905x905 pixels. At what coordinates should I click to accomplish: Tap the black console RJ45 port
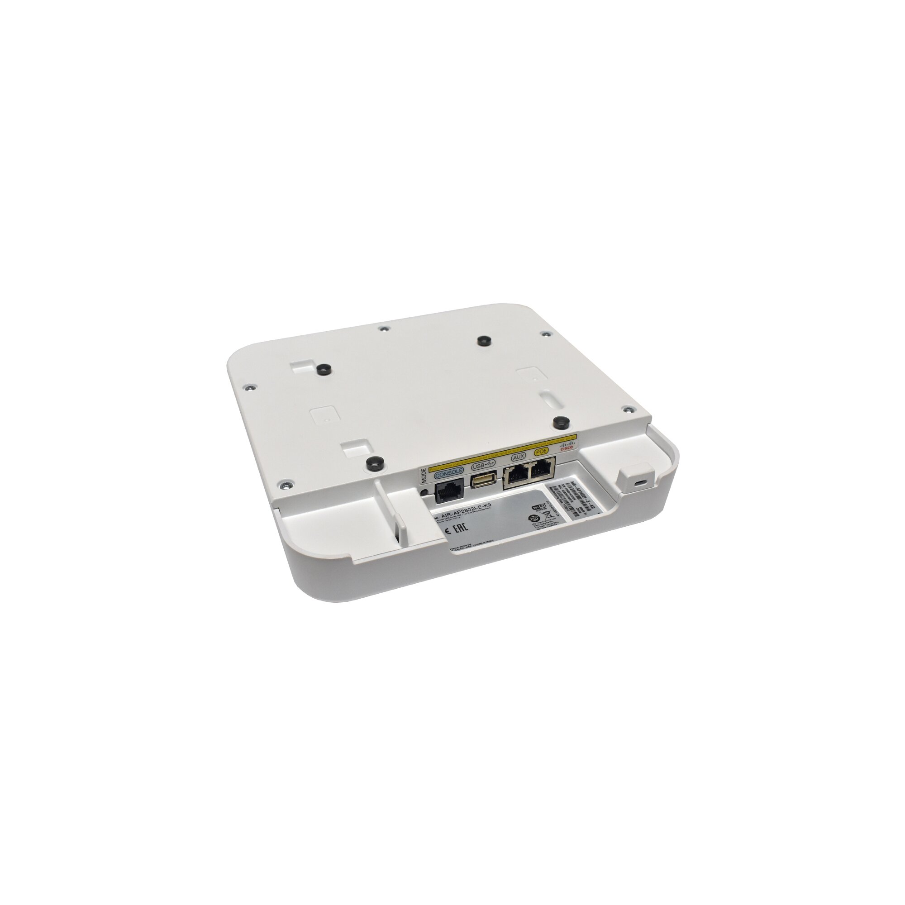click(x=449, y=492)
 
